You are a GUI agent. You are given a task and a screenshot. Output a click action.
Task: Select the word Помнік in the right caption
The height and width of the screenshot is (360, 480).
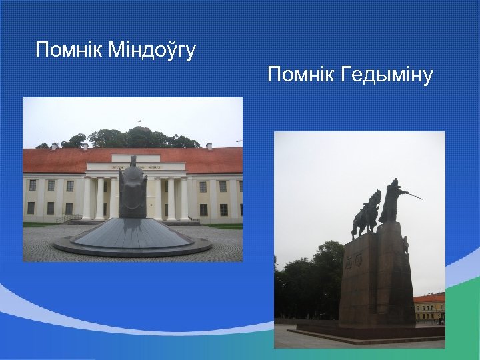[x=301, y=75]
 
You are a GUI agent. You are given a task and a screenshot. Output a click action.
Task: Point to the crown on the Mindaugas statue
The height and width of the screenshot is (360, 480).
[x=133, y=160]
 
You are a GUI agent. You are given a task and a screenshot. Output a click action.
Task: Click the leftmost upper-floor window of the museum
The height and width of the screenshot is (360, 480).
[x=32, y=186]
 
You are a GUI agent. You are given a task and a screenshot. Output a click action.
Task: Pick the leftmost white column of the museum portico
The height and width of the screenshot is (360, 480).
[x=87, y=199]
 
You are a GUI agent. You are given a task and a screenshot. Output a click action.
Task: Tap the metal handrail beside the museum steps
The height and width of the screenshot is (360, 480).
[x=68, y=218]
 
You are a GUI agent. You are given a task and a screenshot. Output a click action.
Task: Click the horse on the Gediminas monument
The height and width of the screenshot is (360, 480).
[x=367, y=213]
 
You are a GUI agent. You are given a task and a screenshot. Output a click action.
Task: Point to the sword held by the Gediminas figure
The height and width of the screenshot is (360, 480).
[x=413, y=195]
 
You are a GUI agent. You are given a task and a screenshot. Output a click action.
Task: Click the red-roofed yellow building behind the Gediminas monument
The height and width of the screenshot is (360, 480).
[x=429, y=307]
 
